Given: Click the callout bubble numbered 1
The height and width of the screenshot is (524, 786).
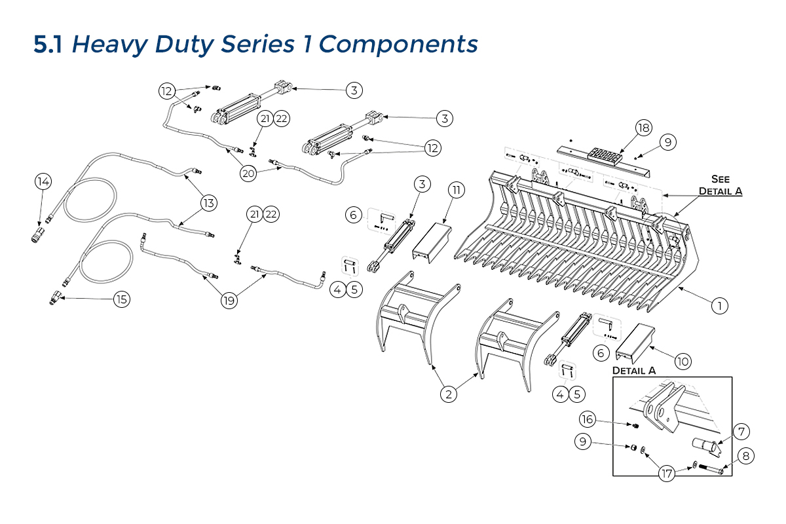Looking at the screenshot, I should click(x=719, y=305).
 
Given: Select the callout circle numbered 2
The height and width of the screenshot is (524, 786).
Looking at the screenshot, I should click(x=448, y=394).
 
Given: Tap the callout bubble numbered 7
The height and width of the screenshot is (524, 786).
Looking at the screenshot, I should click(x=741, y=432).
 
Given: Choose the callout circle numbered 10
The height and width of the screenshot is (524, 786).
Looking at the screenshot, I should click(x=683, y=361).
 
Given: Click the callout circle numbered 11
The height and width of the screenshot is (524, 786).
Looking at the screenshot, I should click(x=457, y=190).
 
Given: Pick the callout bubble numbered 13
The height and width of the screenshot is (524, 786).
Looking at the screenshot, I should click(x=208, y=203).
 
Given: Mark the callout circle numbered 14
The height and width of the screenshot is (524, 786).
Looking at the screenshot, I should click(x=43, y=181).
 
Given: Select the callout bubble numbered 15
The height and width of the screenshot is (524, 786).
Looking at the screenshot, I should click(x=121, y=299).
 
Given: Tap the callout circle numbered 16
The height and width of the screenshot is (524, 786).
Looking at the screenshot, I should click(x=588, y=419).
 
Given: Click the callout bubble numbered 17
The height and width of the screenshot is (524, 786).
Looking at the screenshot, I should click(x=667, y=474).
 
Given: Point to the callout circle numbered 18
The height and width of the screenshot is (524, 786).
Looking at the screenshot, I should click(x=643, y=128).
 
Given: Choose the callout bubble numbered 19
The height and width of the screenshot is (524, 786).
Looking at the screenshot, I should click(x=229, y=301).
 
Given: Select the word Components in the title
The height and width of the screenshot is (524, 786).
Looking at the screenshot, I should click(x=400, y=45).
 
